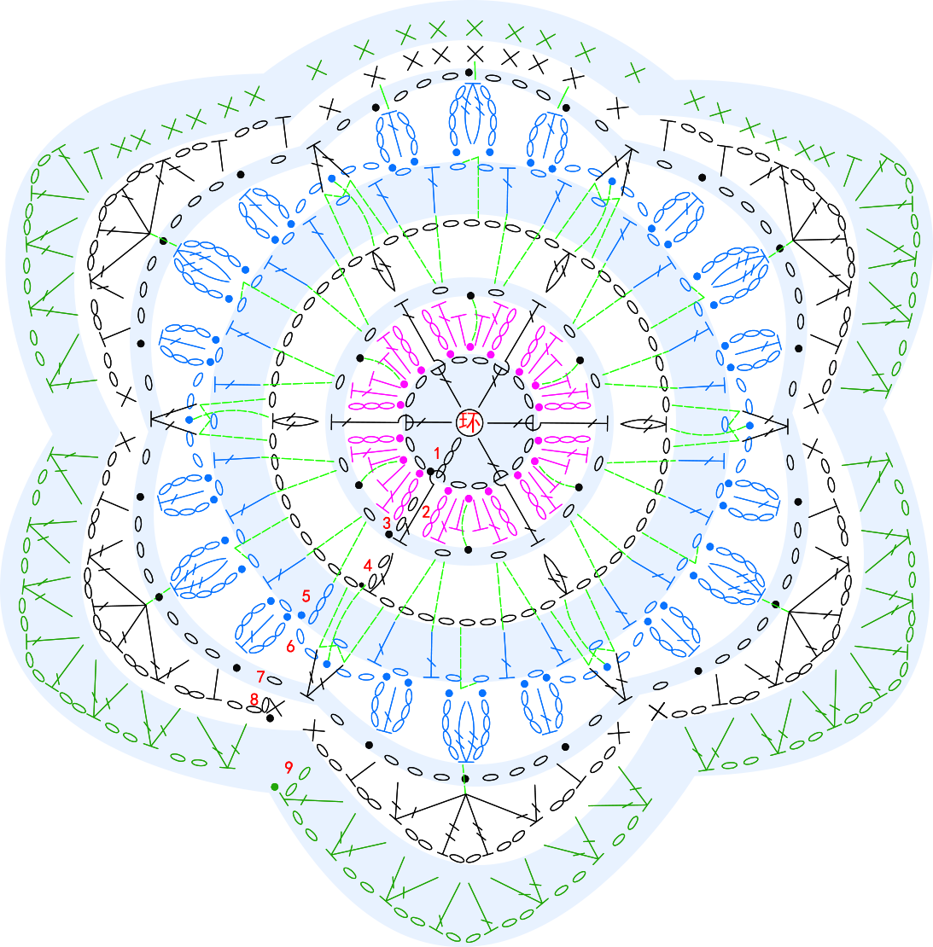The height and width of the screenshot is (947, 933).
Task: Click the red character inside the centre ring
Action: coord(469,422)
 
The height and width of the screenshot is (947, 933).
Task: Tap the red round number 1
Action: coord(438,453)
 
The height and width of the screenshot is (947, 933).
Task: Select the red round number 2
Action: coord(426,512)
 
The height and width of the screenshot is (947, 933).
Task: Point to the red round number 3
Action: coord(387,522)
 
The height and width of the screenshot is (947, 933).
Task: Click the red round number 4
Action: coord(367,566)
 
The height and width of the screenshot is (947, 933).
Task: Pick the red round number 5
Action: coord(306,596)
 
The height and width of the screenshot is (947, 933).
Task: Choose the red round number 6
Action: coord(291,646)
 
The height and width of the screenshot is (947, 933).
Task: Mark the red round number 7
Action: coord(261,677)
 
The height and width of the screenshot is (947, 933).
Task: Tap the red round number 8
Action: coord(254,700)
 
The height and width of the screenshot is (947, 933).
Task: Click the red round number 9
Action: coord(289,767)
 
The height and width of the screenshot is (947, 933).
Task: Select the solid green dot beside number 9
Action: coord(275,787)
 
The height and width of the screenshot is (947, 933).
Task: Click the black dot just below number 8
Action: coord(270,718)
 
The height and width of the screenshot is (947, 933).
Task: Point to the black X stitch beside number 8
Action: coord(275,705)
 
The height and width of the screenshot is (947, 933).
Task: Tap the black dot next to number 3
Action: coord(389,534)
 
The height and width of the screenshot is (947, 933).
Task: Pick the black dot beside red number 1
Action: coord(430,471)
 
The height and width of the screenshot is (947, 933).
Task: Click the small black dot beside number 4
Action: coord(361,584)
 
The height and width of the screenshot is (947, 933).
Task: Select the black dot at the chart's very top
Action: coord(469,73)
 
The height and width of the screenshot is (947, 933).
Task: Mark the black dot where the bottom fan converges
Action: coord(464,779)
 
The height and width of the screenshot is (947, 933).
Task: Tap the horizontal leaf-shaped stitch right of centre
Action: coord(644,424)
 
